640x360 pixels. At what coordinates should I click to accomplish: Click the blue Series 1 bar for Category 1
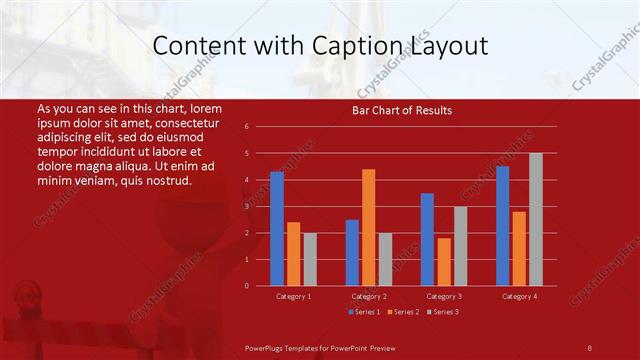pos(277,229)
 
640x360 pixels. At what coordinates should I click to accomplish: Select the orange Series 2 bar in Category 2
pos(369,228)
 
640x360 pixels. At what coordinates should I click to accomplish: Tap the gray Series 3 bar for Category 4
pos(536,219)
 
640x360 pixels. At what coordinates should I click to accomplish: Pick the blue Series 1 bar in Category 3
pos(427,239)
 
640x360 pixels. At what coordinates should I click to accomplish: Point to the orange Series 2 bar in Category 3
pos(444,262)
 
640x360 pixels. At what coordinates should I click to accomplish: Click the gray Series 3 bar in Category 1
pos(310,259)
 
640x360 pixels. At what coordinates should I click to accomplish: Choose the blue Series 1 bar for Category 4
pos(502,226)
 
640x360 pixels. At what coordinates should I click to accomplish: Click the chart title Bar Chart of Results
pos(402,110)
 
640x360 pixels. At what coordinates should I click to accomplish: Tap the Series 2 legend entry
pos(403,312)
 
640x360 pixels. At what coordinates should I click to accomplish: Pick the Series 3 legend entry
pos(442,312)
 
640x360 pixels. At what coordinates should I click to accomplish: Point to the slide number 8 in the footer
pos(590,346)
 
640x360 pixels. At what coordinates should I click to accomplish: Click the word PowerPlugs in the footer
pos(265,346)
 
